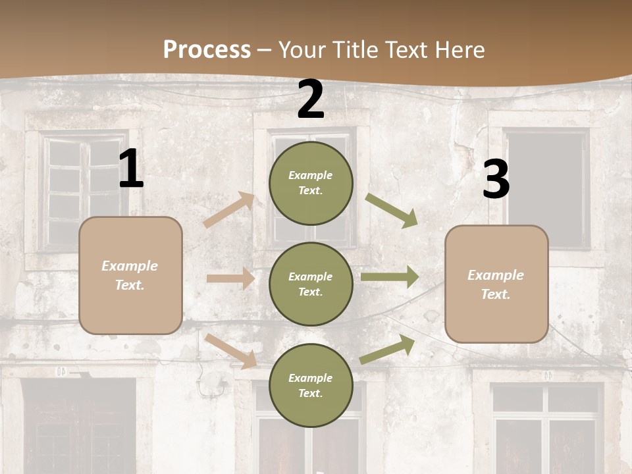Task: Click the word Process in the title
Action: [207, 50]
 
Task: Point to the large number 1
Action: [131, 170]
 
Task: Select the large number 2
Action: [311, 99]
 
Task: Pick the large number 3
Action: [496, 180]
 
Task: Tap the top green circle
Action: [311, 183]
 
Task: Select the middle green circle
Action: [311, 284]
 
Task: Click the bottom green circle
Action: [311, 385]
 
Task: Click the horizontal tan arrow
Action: [230, 278]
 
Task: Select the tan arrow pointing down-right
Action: [231, 351]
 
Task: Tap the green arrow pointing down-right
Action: [392, 211]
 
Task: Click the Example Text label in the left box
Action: [130, 275]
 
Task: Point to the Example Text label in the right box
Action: [496, 284]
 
